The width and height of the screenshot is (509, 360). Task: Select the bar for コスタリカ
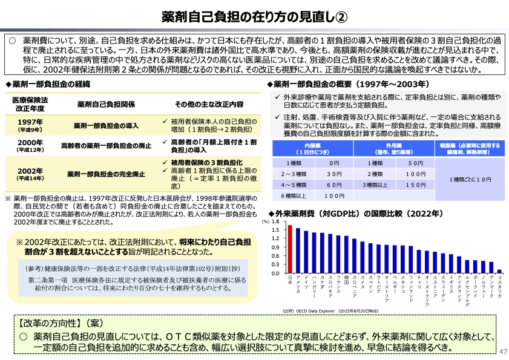[x=499, y=271]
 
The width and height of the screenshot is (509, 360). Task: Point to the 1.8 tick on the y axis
[x=275, y=222]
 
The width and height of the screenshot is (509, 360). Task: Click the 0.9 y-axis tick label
[x=275, y=247]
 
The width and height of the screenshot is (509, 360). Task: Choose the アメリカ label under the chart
[x=298, y=284]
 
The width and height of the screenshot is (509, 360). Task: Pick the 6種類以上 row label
[x=294, y=196]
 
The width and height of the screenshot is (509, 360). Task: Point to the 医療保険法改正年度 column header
[x=30, y=103]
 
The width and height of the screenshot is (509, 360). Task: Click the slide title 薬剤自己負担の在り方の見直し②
[x=254, y=16]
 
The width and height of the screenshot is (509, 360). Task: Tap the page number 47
[x=500, y=352]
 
